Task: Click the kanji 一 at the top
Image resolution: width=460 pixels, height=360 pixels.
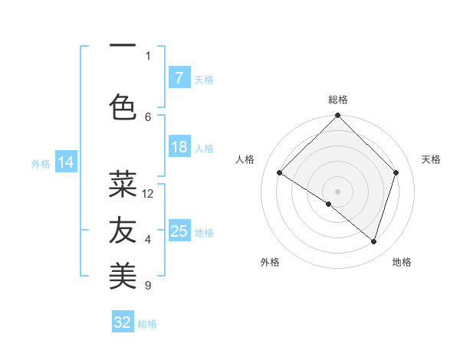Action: point(123,46)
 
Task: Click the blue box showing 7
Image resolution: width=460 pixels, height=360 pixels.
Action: point(179,78)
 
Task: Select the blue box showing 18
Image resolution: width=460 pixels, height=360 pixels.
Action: point(179,147)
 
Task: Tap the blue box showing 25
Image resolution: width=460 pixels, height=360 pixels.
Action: point(179,231)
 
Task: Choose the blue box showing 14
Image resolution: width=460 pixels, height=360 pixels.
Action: point(65,162)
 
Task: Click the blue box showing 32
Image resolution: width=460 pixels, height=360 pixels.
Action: point(123,322)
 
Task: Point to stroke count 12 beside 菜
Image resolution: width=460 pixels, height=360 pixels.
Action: point(148,194)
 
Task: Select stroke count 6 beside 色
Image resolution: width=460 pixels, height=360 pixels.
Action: point(148,116)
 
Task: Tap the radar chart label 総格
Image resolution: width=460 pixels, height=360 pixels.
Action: point(337,100)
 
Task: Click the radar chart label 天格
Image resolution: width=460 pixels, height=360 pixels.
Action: point(432,159)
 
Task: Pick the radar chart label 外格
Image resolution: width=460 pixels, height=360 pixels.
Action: point(270,262)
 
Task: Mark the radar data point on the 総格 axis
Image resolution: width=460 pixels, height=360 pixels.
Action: point(337,116)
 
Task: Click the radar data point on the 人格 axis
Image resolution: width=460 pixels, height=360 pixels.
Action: point(280,172)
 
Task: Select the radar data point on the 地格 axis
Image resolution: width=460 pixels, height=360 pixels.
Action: point(373,241)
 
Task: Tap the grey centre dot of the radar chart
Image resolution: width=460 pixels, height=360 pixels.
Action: point(337,191)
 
